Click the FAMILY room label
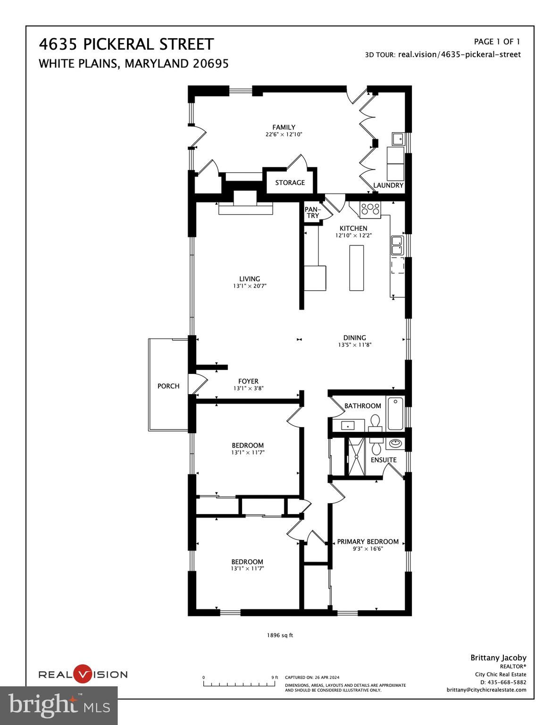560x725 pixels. [x=284, y=127]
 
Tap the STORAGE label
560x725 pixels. [x=290, y=183]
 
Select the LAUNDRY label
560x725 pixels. [x=388, y=185]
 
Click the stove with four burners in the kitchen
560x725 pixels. [x=370, y=209]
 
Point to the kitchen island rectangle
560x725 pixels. [x=357, y=268]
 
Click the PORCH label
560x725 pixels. [x=168, y=386]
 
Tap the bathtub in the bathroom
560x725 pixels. [x=395, y=413]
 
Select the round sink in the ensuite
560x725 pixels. [x=395, y=444]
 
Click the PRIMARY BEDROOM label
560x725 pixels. [x=368, y=542]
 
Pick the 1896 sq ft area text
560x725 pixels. [x=280, y=635]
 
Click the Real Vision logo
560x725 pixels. [x=83, y=674]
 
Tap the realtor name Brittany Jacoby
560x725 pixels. [x=498, y=658]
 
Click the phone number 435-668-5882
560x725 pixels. [x=506, y=682]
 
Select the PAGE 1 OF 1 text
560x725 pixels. [x=497, y=42]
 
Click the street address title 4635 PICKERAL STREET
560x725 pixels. [x=126, y=44]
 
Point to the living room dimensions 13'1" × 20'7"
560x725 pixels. [x=250, y=286]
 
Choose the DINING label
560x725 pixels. [x=354, y=337]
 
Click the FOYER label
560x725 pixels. [x=248, y=381]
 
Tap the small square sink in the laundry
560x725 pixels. [x=398, y=139]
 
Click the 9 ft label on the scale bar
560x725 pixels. [x=275, y=677]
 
